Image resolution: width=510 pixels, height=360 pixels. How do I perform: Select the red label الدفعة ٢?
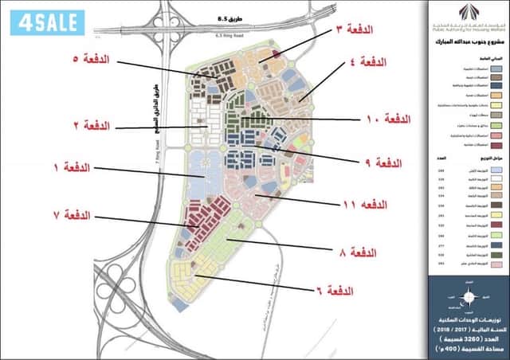click(92, 126)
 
